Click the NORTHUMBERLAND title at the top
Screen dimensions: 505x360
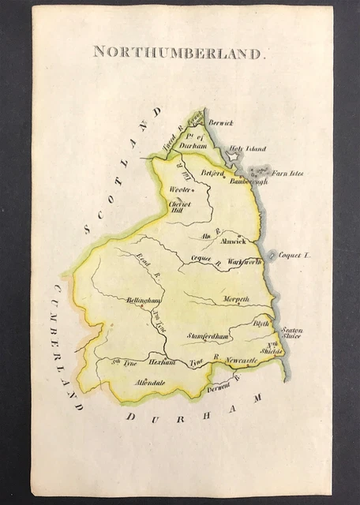(178, 53)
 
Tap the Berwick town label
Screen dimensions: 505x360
(221, 122)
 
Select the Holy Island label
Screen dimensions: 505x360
(247, 148)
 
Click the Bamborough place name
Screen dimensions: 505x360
(249, 181)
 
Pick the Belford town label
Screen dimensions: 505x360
(213, 172)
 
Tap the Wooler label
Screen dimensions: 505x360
(181, 189)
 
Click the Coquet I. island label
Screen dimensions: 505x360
(297, 256)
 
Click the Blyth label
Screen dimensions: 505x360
(261, 324)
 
